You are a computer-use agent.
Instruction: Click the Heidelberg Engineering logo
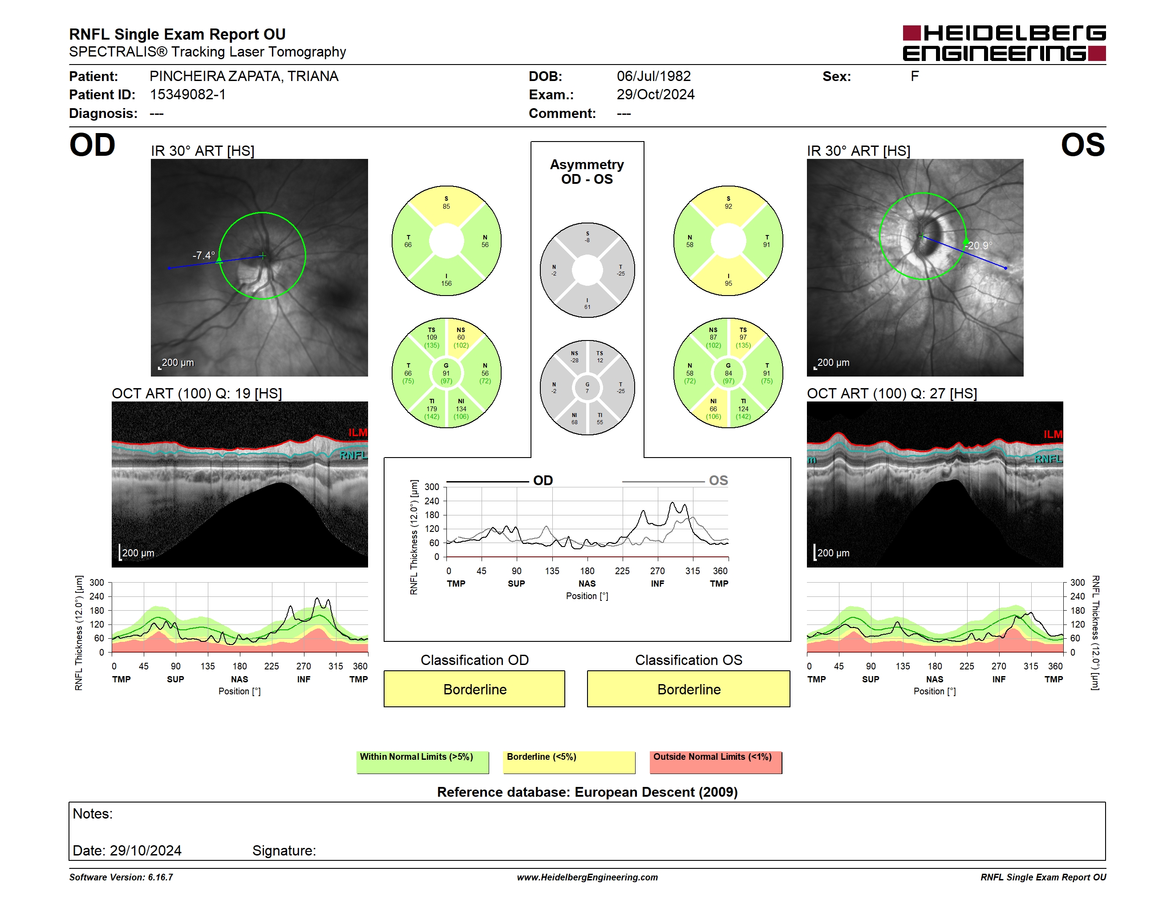click(x=1004, y=43)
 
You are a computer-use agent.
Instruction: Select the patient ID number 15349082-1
click(x=188, y=95)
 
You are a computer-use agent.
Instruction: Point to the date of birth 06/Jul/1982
click(x=654, y=77)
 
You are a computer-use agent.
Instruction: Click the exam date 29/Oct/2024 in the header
click(x=655, y=95)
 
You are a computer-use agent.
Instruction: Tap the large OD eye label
click(x=93, y=145)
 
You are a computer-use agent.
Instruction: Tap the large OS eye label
click(x=1082, y=145)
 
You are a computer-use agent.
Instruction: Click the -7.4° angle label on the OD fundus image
click(x=204, y=255)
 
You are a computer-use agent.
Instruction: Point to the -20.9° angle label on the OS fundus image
click(x=979, y=245)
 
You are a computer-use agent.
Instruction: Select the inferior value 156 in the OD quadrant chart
click(x=446, y=284)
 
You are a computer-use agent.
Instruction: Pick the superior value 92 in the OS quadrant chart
click(x=729, y=207)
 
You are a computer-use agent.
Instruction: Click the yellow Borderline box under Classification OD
click(x=474, y=689)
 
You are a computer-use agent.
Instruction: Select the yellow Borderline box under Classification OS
click(x=689, y=689)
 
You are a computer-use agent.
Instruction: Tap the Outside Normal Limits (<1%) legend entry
click(x=716, y=762)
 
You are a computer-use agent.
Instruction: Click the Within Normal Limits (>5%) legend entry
click(x=422, y=762)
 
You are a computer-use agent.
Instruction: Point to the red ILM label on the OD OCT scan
click(x=358, y=433)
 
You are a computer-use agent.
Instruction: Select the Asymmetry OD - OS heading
click(x=587, y=172)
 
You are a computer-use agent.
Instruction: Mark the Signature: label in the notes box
click(x=284, y=851)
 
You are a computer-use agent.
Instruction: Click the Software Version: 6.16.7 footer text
click(x=121, y=877)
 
